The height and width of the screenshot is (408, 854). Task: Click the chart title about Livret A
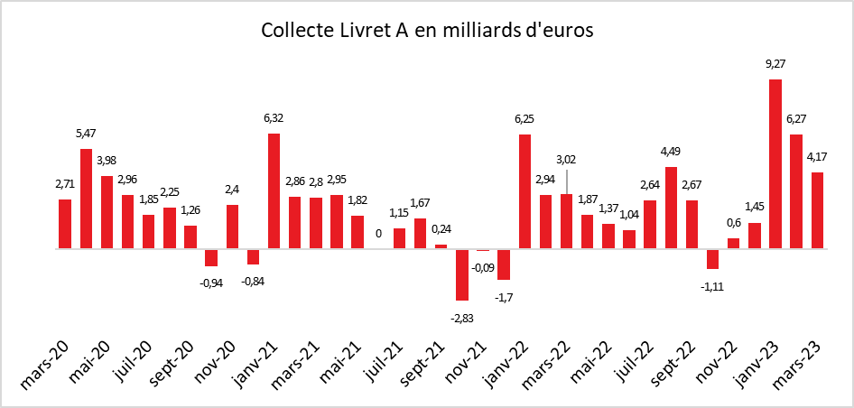(427, 30)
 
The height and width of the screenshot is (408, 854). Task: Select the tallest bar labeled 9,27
(775, 163)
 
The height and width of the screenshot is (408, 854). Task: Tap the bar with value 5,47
(86, 199)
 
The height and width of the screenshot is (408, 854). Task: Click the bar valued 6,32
(274, 190)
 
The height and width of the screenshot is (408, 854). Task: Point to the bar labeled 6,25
(524, 191)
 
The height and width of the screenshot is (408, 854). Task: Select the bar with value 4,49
(671, 208)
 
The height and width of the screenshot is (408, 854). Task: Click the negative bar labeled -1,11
(712, 258)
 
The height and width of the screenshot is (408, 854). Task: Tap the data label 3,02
(565, 161)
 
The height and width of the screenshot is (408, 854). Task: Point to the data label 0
(378, 233)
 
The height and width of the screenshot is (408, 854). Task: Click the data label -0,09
(483, 266)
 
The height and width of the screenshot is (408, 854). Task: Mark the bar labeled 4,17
(817, 210)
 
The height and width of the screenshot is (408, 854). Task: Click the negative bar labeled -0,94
(211, 257)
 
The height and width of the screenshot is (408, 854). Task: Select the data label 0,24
(441, 228)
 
